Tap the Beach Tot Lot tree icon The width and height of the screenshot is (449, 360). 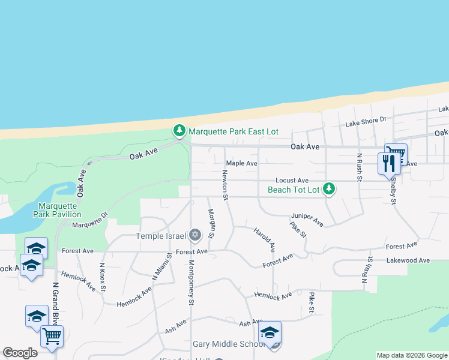point(328,189)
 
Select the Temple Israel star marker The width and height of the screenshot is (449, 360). point(194,235)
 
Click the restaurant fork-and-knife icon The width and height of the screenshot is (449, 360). point(387,163)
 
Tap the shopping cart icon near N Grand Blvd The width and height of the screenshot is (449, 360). point(52,336)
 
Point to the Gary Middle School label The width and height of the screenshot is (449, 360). point(229,344)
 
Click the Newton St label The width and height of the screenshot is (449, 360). point(225,185)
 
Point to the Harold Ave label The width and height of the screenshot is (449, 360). point(264,239)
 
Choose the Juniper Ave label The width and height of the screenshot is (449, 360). point(307,220)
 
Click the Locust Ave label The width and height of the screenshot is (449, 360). point(292,180)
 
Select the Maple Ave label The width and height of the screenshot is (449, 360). point(241,163)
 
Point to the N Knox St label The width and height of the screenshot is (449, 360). point(103,277)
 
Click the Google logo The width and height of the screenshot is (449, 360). point(20,353)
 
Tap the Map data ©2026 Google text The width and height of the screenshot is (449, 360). point(411,355)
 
